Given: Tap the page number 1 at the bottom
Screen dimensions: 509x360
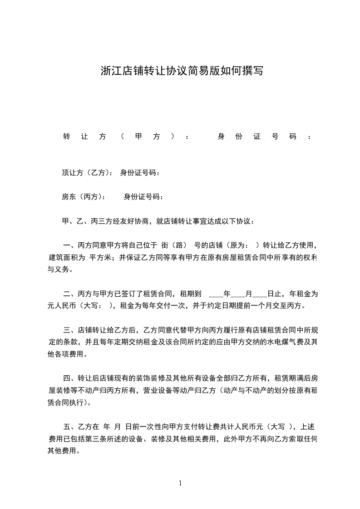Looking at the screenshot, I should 180,483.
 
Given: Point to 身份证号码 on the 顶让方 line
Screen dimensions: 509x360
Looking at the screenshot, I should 140,172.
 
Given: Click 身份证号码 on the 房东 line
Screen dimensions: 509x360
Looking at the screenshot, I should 143,196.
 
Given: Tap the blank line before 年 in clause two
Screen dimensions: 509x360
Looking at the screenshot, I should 216,294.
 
